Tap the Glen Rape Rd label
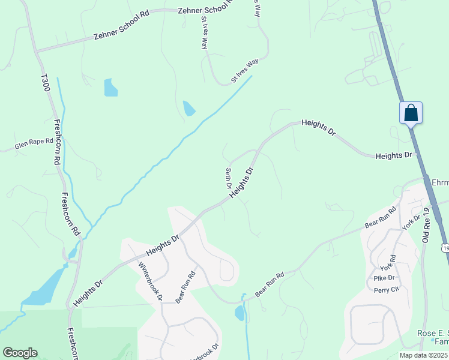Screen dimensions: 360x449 [x=34, y=144]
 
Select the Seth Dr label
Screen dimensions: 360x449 [x=229, y=178]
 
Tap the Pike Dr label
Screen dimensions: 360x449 [x=384, y=278]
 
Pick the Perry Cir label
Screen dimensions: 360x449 [x=386, y=289]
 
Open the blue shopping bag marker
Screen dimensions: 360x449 [x=411, y=112]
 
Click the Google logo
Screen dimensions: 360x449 [x=20, y=353]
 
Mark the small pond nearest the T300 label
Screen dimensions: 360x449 [x=110, y=88]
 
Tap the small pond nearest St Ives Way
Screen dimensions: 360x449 [x=188, y=108]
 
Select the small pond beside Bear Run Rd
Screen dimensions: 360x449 [x=240, y=313]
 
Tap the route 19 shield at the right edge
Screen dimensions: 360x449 [x=445, y=247]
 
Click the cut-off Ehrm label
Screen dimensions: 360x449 [x=440, y=181]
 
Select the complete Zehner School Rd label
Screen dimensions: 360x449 [x=121, y=27]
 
